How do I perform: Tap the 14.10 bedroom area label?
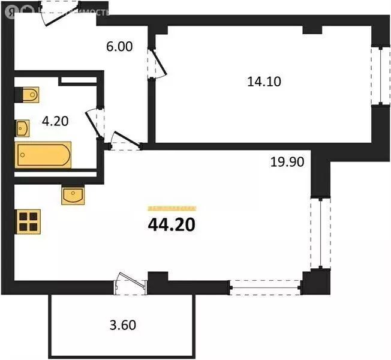(264, 83)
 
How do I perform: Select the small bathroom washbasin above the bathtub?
(23, 128)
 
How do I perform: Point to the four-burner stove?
(28, 222)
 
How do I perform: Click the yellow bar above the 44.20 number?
(172, 208)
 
